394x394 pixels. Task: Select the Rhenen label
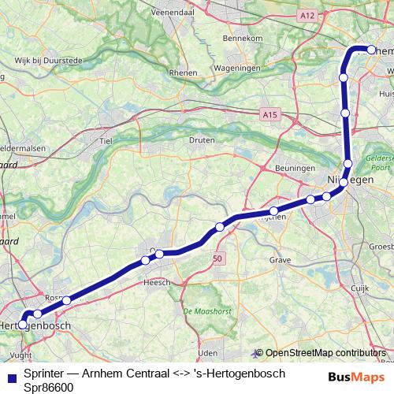pyautogui.click(x=183, y=73)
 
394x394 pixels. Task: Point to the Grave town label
pyautogui.click(x=280, y=258)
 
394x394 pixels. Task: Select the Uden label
pyautogui.click(x=207, y=353)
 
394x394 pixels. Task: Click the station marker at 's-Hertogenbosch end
pyautogui.click(x=23, y=323)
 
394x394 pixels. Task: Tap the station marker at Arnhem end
pyautogui.click(x=370, y=50)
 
